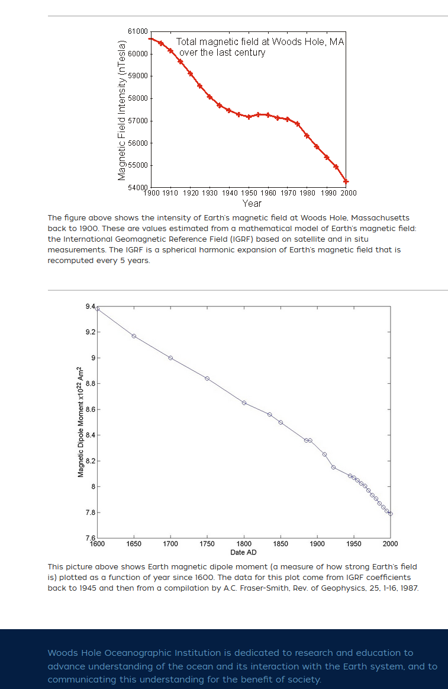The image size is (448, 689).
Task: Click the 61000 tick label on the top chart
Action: coord(137,31)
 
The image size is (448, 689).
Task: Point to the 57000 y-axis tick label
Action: coord(137,121)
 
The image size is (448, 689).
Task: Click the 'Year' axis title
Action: coord(252,203)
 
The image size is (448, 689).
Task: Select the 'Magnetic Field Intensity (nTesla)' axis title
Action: coord(121,110)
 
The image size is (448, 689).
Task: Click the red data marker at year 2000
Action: coord(346,181)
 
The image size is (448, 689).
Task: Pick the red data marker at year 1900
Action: coord(151,39)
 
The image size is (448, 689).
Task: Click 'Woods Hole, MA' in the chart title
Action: coord(308,42)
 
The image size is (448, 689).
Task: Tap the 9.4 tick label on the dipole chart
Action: coord(89,306)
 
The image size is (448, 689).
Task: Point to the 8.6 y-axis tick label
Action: coord(89,409)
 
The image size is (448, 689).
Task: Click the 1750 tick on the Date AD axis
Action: coord(207,543)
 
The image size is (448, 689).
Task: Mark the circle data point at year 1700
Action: coord(170,358)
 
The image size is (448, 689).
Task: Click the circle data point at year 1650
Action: coord(134,336)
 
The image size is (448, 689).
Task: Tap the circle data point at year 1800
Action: coord(244,403)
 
